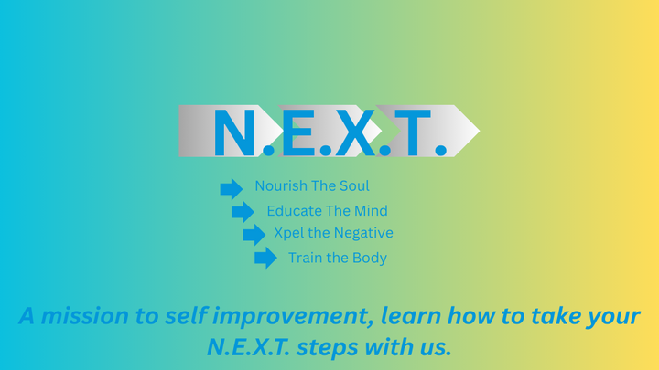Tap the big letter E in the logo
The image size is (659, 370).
297,132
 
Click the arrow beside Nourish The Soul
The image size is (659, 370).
232,189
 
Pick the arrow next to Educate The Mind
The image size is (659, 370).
243,212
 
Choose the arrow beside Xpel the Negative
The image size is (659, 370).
254,235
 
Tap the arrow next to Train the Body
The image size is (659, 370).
265,259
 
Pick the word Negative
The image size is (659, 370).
364,234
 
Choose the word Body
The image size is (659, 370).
370,258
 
